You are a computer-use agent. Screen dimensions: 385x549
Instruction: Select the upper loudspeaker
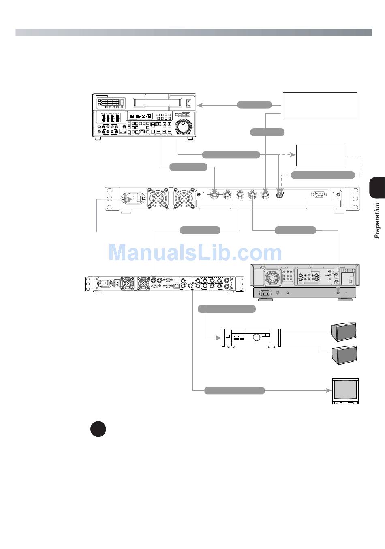[x=344, y=331]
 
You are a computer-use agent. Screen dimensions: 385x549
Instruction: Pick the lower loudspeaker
[x=344, y=355]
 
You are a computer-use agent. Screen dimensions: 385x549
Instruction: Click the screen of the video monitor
[x=345, y=389]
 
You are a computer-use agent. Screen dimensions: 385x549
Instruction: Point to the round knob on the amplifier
[x=256, y=336]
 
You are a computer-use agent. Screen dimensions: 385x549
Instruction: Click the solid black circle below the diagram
[x=98, y=429]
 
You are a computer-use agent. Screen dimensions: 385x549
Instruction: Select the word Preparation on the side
[x=377, y=220]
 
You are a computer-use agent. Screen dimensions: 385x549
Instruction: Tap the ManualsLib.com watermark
[x=195, y=253]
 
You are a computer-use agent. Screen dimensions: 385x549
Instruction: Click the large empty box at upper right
[x=320, y=106]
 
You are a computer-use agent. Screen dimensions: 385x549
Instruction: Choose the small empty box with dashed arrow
[x=320, y=155]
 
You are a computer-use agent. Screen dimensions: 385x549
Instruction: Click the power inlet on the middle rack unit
[x=132, y=199]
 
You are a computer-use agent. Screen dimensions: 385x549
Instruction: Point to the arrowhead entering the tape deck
[x=199, y=105]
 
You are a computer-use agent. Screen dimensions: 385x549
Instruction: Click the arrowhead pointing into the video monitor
[x=329, y=390]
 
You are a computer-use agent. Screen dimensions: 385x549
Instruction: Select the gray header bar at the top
[x=193, y=32]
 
